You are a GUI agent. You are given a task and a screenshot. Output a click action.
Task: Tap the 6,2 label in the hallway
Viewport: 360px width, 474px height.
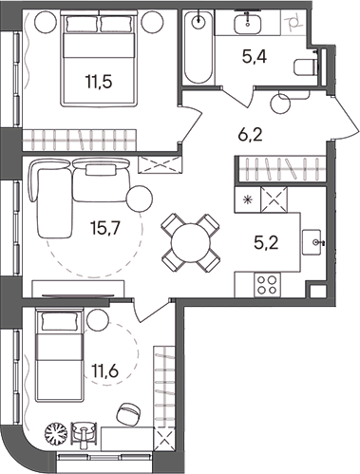click(251, 136)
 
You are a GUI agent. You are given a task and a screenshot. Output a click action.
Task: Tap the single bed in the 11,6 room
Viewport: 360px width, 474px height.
click(58, 351)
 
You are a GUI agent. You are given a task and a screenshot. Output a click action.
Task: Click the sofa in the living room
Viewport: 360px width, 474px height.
click(71, 195)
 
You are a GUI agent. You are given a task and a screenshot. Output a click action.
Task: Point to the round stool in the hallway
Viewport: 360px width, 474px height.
click(281, 102)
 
